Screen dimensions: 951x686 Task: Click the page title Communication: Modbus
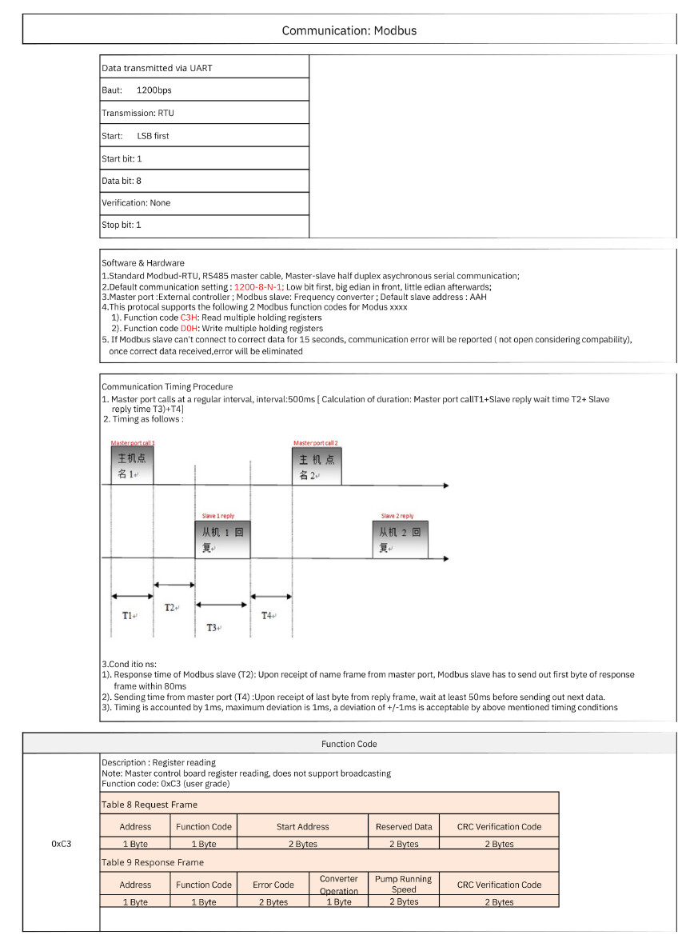[x=349, y=30]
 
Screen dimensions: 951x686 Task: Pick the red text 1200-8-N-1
[x=259, y=286]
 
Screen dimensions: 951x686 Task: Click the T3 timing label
[x=213, y=627]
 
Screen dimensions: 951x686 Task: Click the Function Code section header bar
[x=349, y=743]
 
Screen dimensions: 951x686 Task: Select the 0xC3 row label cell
[x=62, y=843]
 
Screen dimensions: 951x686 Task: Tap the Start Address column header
[x=302, y=826]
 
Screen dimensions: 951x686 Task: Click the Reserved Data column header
[x=404, y=826]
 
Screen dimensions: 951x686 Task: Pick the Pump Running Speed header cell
[x=404, y=884]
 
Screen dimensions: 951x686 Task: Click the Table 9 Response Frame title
[x=153, y=862]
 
